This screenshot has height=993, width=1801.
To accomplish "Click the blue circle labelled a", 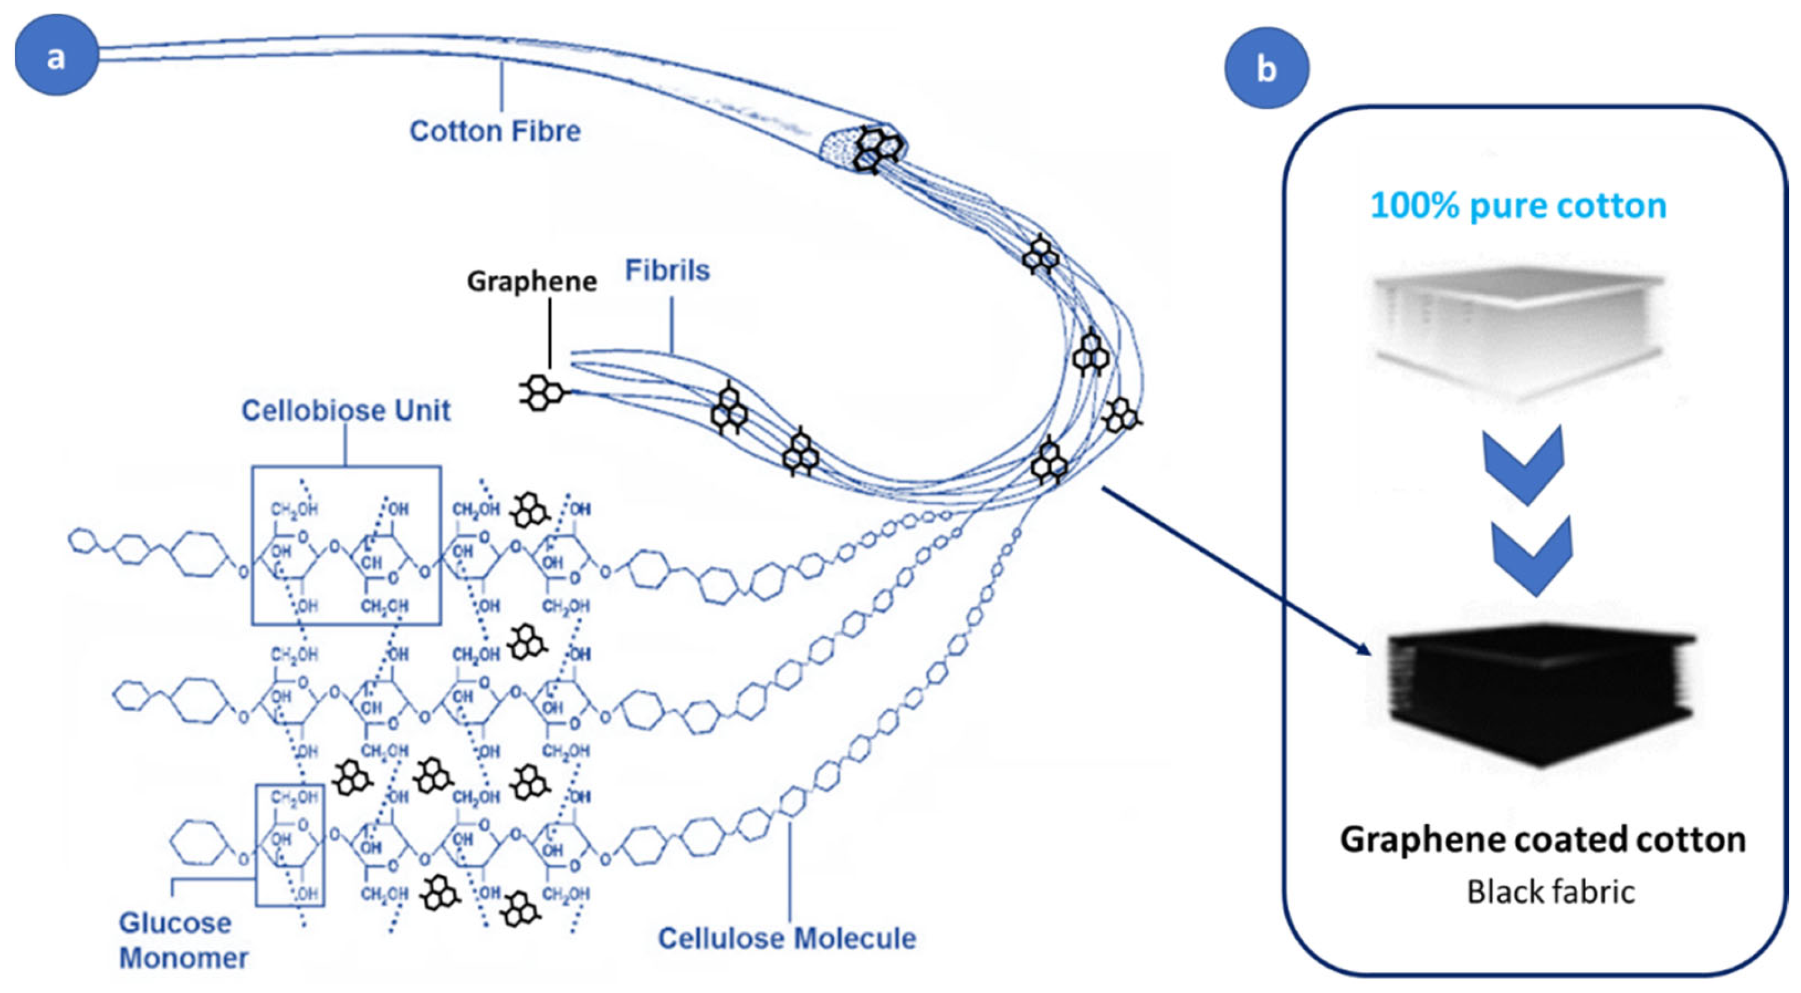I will coord(56,55).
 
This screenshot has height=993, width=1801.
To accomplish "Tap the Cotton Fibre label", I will coord(495,131).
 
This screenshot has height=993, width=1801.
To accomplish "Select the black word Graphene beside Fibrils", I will coord(532,281).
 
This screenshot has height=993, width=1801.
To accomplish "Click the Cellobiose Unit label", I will coord(346,411).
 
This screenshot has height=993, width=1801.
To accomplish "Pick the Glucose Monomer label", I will coord(183,940).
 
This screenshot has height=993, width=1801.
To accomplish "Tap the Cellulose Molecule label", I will coord(787,938).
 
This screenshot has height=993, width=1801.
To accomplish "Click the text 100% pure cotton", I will coord(1518,206).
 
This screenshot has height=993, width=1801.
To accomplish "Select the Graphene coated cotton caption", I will coord(1543,839).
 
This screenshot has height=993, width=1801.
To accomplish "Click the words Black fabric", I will coord(1551,891).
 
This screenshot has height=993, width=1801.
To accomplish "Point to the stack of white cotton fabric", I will coord(1518,328).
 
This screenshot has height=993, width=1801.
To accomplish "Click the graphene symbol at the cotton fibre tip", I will coord(879,148).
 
